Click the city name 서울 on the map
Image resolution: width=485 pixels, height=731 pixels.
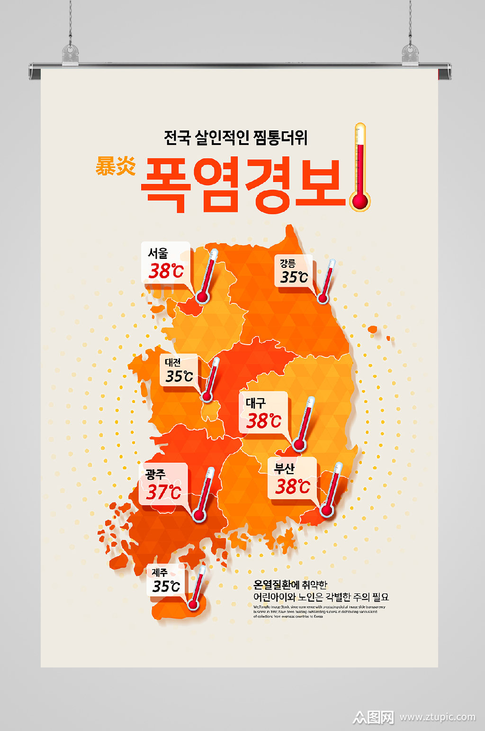(x=158, y=254)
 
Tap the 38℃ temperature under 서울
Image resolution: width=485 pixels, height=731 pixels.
(x=166, y=272)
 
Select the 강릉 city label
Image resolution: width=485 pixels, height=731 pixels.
(x=287, y=264)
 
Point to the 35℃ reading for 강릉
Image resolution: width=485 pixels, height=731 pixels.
(x=294, y=277)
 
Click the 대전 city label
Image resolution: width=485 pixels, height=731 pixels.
(x=173, y=363)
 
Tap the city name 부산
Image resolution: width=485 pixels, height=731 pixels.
(x=284, y=469)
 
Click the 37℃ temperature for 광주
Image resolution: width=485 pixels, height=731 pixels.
(x=163, y=492)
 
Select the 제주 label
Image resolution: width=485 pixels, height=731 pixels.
(x=160, y=573)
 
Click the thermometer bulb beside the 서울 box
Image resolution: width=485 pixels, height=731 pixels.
(x=202, y=297)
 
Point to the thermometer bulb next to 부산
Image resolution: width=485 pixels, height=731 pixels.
(x=326, y=511)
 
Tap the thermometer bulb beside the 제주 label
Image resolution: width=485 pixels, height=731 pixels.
(x=193, y=604)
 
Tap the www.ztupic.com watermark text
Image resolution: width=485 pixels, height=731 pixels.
(x=437, y=717)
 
